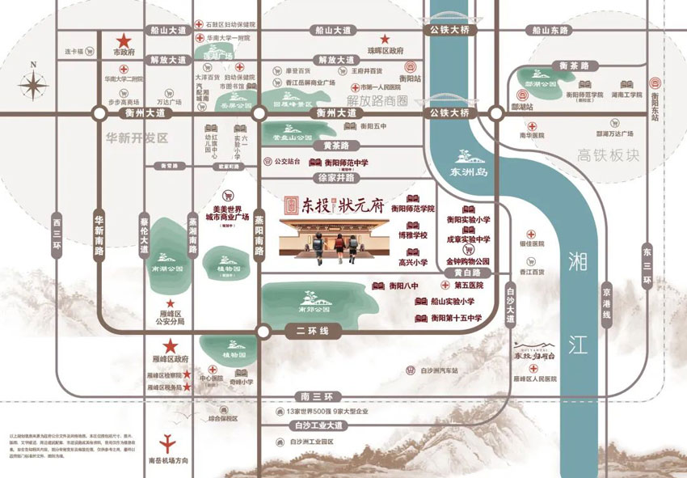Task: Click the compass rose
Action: tap(34, 84)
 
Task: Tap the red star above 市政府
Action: tap(124, 40)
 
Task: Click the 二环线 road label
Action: tap(309, 332)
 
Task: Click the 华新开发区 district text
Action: tap(137, 138)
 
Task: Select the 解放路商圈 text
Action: tap(378, 100)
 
